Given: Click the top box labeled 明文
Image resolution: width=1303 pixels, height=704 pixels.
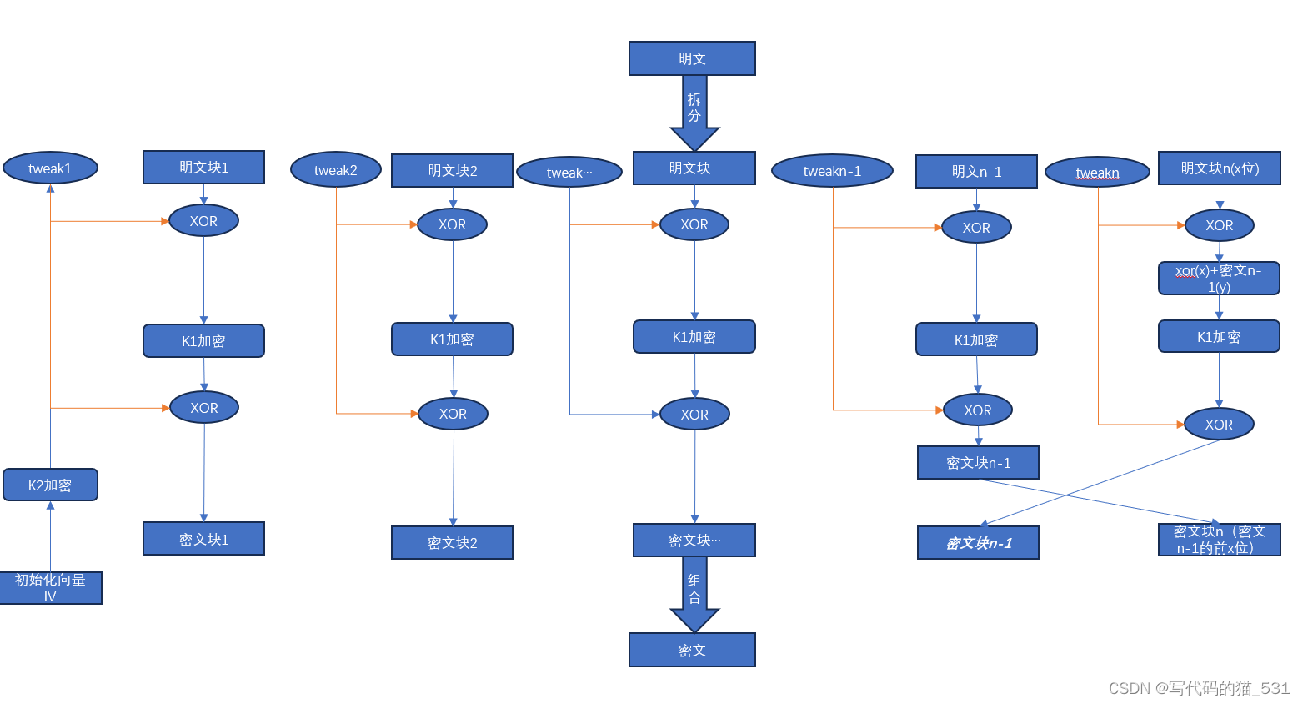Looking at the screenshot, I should coord(692,58).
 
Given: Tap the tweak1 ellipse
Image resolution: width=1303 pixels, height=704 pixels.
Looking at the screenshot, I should coord(50,168).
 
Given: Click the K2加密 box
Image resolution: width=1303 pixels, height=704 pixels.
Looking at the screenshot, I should coord(50,485).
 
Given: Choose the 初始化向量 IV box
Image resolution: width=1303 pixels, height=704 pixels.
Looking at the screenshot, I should coord(50,588).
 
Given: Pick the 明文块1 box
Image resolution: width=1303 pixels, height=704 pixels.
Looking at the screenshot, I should coord(203,168).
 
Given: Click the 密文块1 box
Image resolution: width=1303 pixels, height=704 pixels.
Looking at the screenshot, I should coord(203,539).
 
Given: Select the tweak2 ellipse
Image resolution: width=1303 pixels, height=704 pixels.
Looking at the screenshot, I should coord(335,170).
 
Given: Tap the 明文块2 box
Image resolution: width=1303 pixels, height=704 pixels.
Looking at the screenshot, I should coord(452,171).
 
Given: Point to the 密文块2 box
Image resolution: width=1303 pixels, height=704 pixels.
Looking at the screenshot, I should coord(452,543).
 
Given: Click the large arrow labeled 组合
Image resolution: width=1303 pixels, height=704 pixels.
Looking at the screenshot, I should coord(694,591).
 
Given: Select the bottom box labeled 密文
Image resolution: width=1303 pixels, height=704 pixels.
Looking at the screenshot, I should coord(692,650).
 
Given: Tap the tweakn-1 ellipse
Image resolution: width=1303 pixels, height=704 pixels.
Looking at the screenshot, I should coord(832,171).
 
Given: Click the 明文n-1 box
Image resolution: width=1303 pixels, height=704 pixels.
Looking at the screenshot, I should coord(976,172).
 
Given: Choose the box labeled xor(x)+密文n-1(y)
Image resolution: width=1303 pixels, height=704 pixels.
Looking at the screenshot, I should coord(1219,279).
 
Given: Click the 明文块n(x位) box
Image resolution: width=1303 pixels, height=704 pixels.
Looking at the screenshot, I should coord(1219,168).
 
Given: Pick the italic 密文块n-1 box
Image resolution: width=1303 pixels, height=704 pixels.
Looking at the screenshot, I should coord(978,543).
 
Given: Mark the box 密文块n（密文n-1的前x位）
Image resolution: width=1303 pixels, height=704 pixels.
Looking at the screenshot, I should coord(1219,540).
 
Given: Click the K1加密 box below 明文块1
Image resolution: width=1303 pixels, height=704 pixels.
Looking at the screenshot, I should coord(203,341).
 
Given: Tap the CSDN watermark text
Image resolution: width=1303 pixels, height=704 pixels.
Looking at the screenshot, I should coord(1198,688).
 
